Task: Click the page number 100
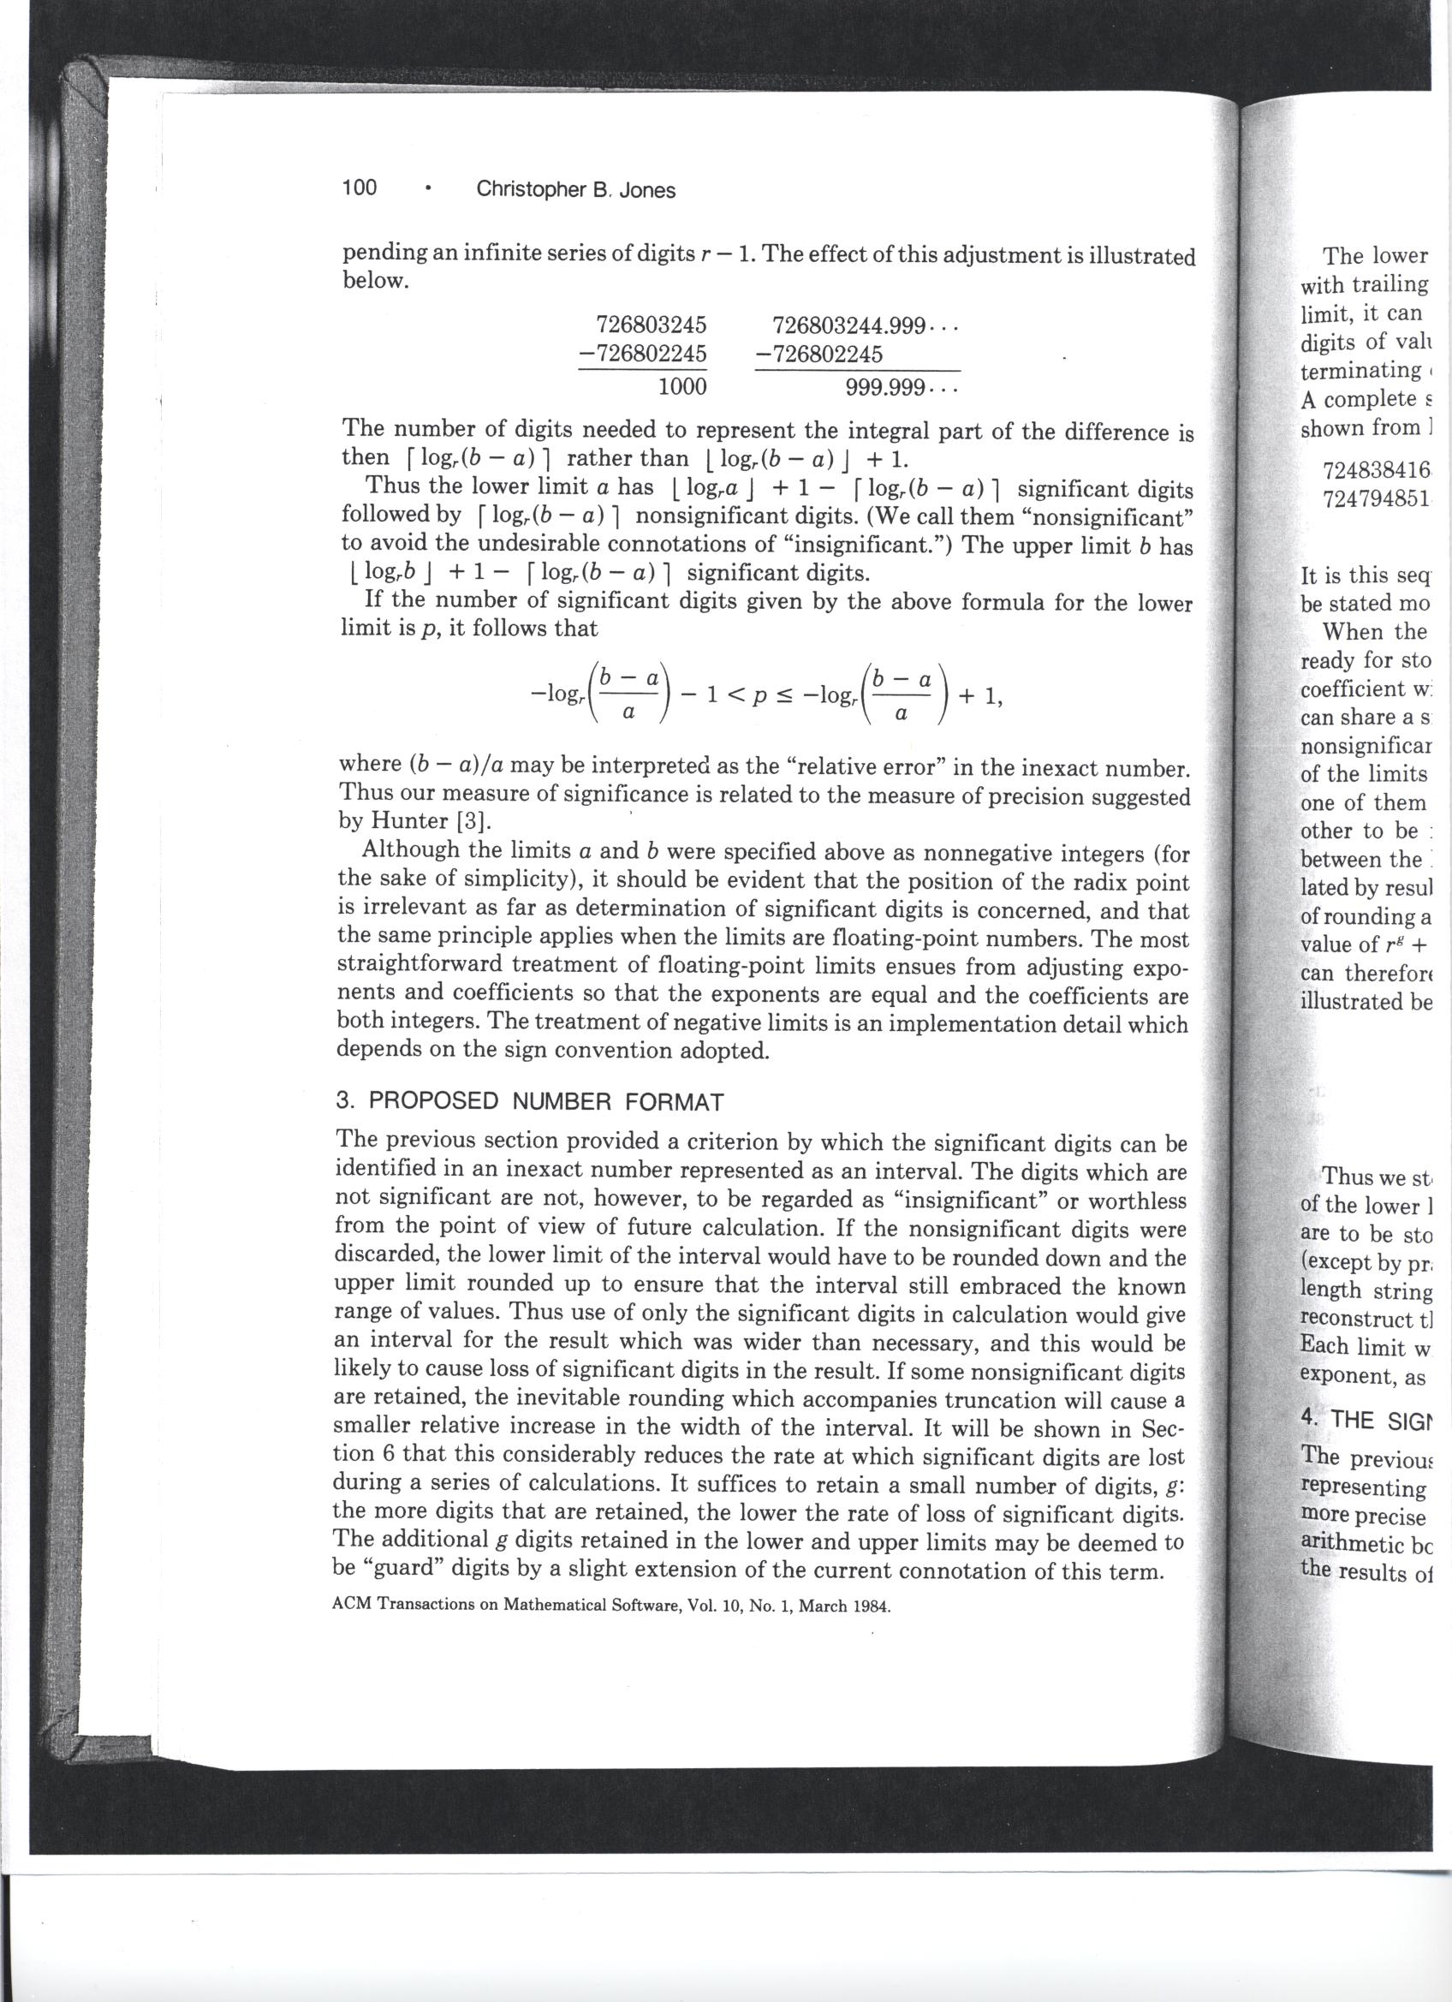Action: pos(360,188)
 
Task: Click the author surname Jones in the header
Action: pos(647,190)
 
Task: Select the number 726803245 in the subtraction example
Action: pos(652,325)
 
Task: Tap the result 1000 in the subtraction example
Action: pos(682,387)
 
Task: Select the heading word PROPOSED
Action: pos(432,1102)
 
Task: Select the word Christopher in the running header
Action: pos(528,189)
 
